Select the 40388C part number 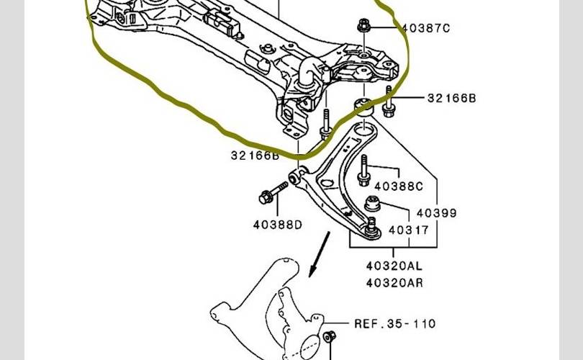(x=399, y=186)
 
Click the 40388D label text (x=277, y=225)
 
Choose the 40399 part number (x=436, y=213)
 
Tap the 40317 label (x=408, y=230)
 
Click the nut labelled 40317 (x=372, y=204)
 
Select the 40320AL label (x=394, y=265)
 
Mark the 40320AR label (x=394, y=282)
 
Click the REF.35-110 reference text (x=394, y=324)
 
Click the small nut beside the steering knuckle (x=328, y=337)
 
